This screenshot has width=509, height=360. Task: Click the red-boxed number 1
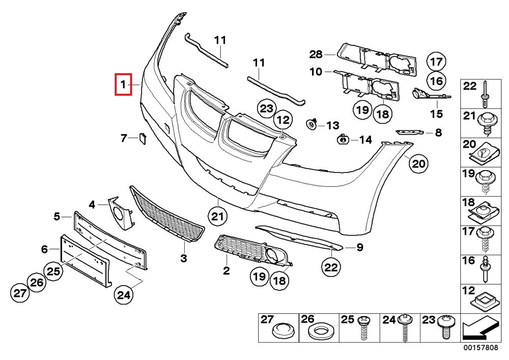tap(123, 84)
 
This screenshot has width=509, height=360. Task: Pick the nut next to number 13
tap(311, 123)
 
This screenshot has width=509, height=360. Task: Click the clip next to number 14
tap(343, 139)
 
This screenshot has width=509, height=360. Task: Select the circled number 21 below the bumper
tap(218, 216)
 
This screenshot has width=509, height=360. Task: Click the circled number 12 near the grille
tap(282, 121)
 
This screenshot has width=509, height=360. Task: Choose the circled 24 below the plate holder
tap(124, 294)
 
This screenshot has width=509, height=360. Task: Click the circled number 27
tap(19, 293)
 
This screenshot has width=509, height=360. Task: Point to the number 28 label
tap(316, 54)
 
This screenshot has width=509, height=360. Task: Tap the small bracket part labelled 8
tap(410, 132)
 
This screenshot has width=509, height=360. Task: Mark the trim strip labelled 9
tap(300, 238)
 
